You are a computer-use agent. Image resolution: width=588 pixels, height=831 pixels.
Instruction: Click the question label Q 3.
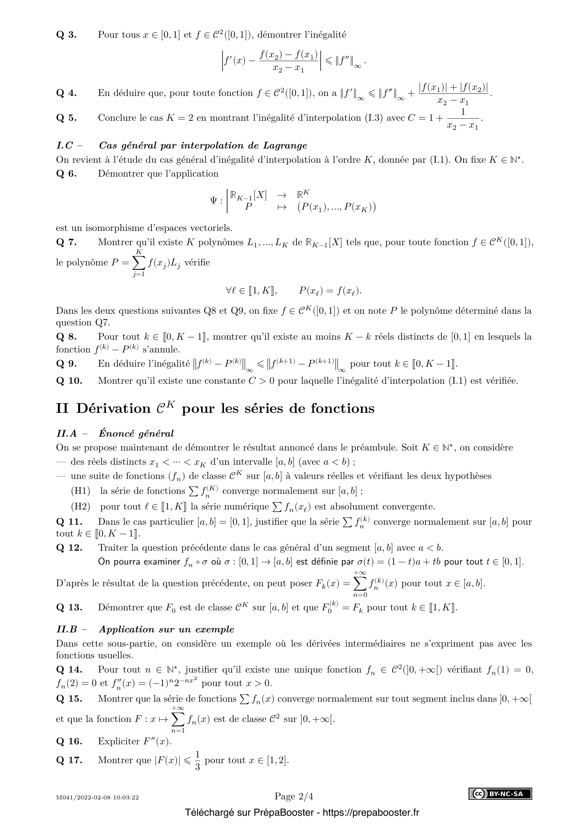pos(66,35)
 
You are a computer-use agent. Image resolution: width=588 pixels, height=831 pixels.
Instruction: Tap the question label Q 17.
pos(69,760)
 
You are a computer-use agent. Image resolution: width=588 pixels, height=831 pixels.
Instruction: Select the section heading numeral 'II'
pos(62,408)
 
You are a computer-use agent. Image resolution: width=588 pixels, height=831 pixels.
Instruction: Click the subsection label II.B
pos(67,630)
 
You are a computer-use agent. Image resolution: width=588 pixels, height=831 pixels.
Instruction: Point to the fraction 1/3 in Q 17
pos(197,760)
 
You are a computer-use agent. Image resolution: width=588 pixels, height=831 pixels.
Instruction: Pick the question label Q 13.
pos(69,607)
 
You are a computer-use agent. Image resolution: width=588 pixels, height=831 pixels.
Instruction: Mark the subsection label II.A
pos(67,433)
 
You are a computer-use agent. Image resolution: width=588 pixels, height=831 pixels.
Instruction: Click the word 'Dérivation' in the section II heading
pos(113,408)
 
